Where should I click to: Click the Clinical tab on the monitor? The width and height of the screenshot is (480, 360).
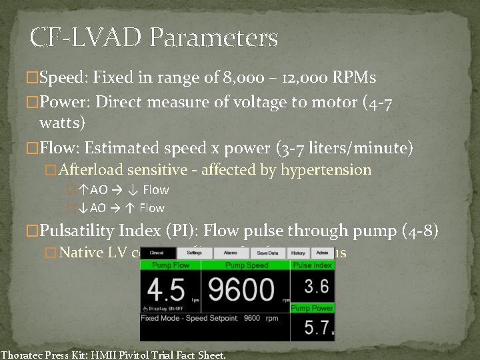[x=157, y=253]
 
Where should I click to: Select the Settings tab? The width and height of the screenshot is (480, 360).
[x=195, y=253]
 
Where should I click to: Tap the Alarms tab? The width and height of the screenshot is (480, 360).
[x=230, y=253]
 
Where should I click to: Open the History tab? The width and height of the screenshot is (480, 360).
[x=298, y=253]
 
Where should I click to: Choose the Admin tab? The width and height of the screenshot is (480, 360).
[x=321, y=253]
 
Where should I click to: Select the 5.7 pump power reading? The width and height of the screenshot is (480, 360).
[x=311, y=327]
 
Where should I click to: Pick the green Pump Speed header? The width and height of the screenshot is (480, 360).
[x=246, y=265]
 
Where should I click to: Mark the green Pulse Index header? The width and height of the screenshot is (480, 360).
[x=312, y=265]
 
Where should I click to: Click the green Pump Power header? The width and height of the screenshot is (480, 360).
[x=312, y=308]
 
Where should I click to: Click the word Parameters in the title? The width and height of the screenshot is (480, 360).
[x=214, y=38]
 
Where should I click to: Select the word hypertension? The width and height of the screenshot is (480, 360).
[x=325, y=170]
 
